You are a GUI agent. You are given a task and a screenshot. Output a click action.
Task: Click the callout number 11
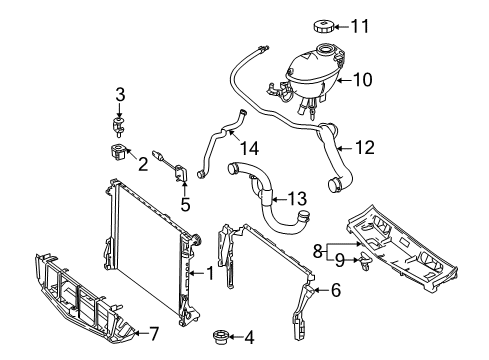[x=360, y=26]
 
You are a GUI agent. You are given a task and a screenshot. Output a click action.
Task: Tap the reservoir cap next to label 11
[x=323, y=26]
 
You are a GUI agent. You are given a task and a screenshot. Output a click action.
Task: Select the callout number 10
[x=363, y=80]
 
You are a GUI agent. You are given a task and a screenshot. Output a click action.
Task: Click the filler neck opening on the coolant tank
[x=325, y=50]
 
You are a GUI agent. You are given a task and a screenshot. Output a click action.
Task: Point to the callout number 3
[x=120, y=95]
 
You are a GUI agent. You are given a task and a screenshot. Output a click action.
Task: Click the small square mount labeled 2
[x=117, y=151]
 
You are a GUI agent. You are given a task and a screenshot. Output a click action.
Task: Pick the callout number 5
[x=185, y=204]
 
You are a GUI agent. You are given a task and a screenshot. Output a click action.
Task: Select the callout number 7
[x=153, y=333]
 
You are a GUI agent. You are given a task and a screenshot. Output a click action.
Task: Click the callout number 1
[x=210, y=273]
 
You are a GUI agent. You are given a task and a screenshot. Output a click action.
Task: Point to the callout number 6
[x=336, y=290]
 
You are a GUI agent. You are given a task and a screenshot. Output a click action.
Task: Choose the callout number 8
[x=318, y=251]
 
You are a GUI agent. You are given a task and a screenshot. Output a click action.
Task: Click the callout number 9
[x=339, y=260]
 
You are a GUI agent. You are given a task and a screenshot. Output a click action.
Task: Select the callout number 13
[x=297, y=199]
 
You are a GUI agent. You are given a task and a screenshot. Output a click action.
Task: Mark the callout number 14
[x=249, y=148]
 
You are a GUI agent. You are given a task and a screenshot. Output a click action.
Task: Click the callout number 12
[x=365, y=147]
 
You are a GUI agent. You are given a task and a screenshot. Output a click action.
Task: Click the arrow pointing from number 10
[x=344, y=80]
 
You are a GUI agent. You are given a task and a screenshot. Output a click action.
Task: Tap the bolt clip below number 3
[x=118, y=127]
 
